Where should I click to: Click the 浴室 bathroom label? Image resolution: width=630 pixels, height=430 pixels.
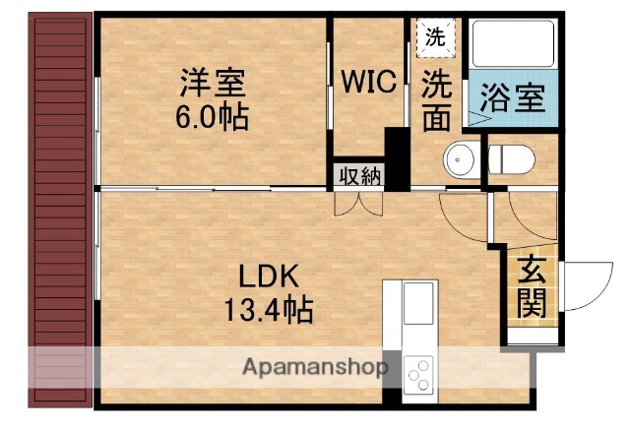point(512,98)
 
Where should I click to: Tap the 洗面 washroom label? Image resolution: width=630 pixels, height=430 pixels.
point(437,100)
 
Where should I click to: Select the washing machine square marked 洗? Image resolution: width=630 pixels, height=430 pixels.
point(434,38)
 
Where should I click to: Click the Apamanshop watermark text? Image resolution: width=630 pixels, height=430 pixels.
point(315,370)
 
